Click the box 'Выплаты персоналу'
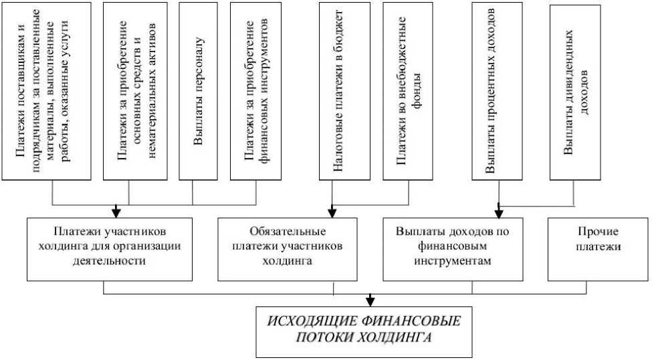pyautogui.click(x=199, y=91)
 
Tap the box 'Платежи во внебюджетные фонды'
pyautogui.click(x=409, y=91)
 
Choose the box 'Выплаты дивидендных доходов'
pyautogui.click(x=574, y=91)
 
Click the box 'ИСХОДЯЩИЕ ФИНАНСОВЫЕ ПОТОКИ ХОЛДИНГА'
pyautogui.click(x=364, y=330)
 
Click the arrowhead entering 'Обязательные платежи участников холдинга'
pyautogui.click(x=332, y=212)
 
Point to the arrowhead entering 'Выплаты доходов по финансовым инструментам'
pyautogui.click(x=499, y=212)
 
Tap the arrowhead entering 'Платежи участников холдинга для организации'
pyautogui.click(x=116, y=212)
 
